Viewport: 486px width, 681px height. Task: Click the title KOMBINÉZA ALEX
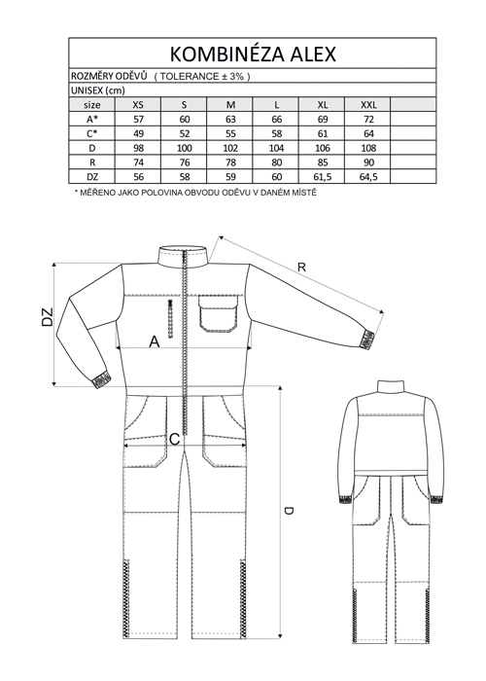coord(253,54)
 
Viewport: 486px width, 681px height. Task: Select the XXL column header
coord(368,105)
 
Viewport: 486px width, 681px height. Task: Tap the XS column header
coord(138,105)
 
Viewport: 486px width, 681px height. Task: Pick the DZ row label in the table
coord(92,177)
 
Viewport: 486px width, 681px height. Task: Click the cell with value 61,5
coord(323,177)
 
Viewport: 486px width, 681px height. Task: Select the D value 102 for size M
coord(230,148)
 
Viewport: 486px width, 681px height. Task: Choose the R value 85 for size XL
coord(323,162)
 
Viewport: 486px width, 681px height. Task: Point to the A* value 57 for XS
coord(138,120)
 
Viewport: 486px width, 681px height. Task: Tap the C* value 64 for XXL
coord(368,134)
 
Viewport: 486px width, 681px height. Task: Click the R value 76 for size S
coord(185,162)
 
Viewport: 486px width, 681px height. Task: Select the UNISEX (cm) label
coord(98,90)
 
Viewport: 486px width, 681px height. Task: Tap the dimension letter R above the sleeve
coord(302,268)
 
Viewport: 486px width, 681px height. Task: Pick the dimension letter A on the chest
coord(155,342)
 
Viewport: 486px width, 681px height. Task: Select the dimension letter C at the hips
coord(174,440)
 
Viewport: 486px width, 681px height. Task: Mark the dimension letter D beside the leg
coord(289,511)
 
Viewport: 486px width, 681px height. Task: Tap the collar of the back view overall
coord(391,386)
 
